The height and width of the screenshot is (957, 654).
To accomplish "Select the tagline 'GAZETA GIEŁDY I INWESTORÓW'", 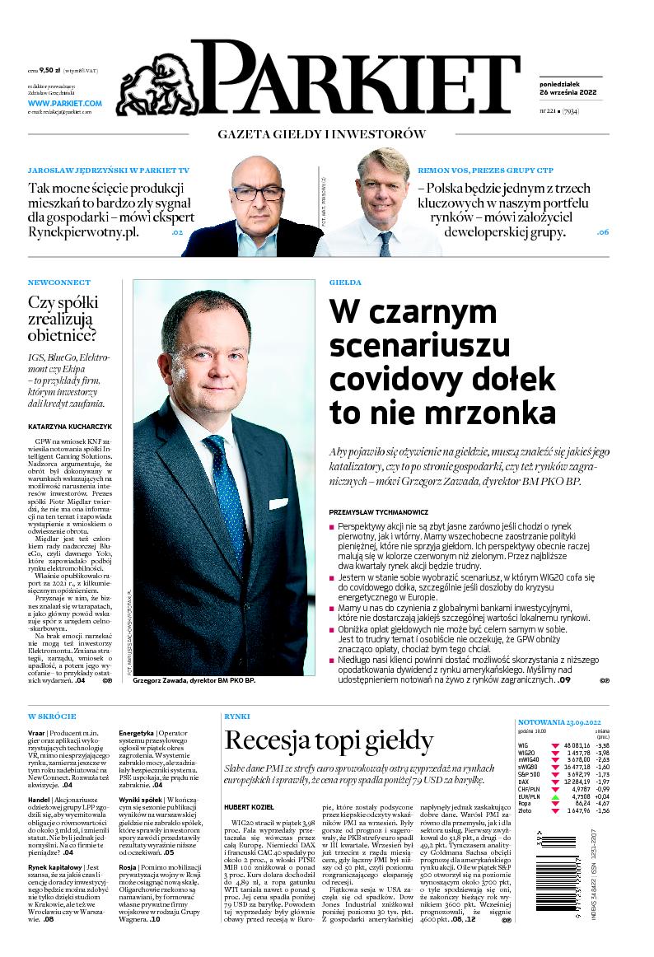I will point(321,134).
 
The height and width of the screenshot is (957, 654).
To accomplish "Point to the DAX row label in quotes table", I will point(524,782).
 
